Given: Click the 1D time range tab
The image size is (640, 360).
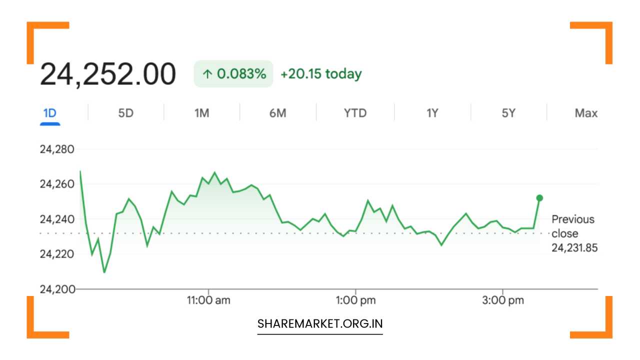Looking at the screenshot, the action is (x=50, y=113).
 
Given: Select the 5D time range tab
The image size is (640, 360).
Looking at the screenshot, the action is (x=125, y=113).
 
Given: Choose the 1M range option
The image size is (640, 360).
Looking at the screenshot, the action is (x=201, y=113).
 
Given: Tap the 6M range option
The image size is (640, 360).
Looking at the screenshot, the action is (x=277, y=113).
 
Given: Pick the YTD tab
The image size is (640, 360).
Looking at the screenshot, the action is (x=355, y=113).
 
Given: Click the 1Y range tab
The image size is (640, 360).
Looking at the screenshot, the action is (x=432, y=113).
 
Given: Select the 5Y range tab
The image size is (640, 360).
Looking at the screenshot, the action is (x=508, y=113).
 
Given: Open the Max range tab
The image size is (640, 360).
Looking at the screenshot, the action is (x=586, y=113).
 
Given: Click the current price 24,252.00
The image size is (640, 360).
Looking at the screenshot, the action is (x=108, y=74).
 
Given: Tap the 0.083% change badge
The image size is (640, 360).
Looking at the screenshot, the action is (x=233, y=73).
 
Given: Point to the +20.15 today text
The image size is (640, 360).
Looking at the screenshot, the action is (x=321, y=73).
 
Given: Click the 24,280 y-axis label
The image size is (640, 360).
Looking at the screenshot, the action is (x=57, y=149).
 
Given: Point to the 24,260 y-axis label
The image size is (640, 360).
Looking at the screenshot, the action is (x=57, y=184).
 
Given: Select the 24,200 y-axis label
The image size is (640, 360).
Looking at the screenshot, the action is (x=57, y=289).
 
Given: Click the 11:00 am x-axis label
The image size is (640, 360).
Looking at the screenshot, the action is (x=208, y=300).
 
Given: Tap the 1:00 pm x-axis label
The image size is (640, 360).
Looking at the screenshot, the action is (x=355, y=300).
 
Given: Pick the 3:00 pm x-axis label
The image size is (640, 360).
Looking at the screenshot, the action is (x=503, y=300).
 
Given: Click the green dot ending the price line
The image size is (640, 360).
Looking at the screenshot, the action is (x=539, y=198).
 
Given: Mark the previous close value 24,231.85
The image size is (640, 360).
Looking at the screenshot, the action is (x=574, y=248).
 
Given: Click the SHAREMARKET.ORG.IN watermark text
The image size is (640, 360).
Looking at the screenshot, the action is (x=320, y=323).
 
